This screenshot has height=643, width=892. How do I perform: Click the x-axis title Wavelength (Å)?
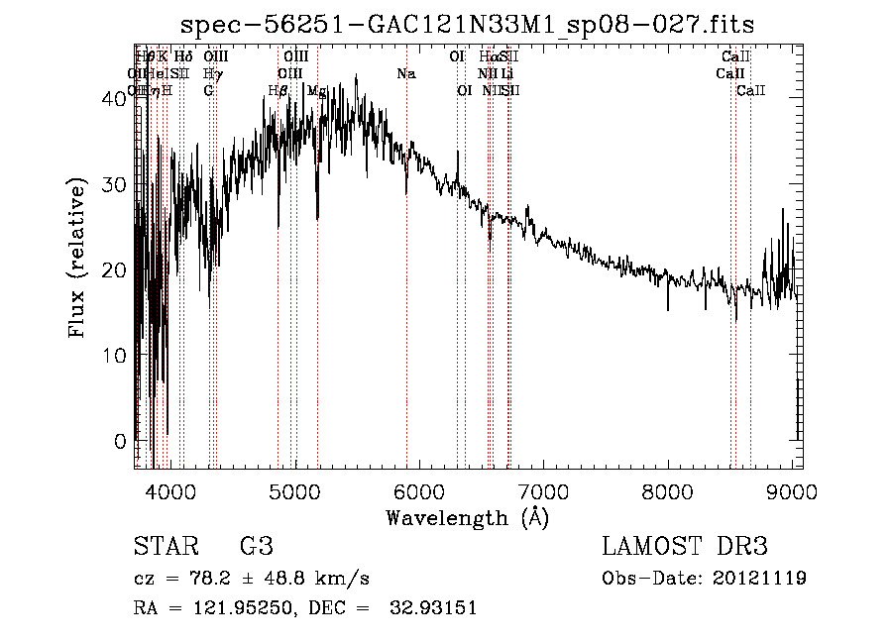467,517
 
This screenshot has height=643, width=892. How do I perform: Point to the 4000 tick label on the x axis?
170,490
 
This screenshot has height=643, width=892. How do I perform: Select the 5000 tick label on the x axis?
295,490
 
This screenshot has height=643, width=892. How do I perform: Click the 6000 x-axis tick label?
419,490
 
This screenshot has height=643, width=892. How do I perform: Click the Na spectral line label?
405,74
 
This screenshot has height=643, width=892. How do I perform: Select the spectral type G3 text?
256,548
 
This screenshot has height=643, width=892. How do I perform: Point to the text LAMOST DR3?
685,548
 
